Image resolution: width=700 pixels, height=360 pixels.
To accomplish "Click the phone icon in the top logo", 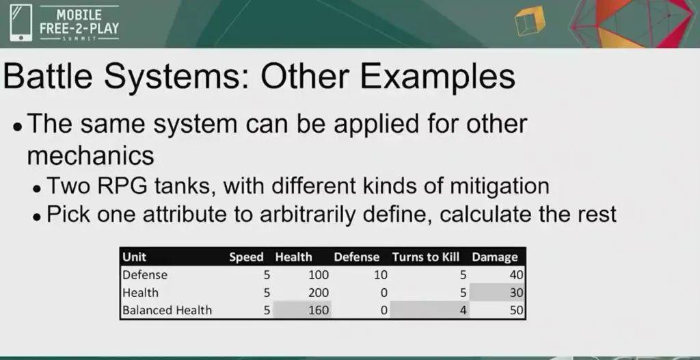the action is click(x=21, y=23).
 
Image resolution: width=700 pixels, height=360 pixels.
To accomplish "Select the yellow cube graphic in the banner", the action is click(x=530, y=21).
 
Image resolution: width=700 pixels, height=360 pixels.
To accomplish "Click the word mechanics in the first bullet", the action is click(x=91, y=156).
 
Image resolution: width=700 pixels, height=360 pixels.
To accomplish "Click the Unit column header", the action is click(x=135, y=257).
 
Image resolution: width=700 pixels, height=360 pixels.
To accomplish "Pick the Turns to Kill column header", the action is click(x=425, y=257).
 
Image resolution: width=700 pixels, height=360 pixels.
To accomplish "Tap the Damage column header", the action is click(x=495, y=257).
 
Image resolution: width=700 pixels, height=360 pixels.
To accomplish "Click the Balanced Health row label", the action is click(x=167, y=310).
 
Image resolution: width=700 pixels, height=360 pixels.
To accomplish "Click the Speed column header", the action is click(x=246, y=258).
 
